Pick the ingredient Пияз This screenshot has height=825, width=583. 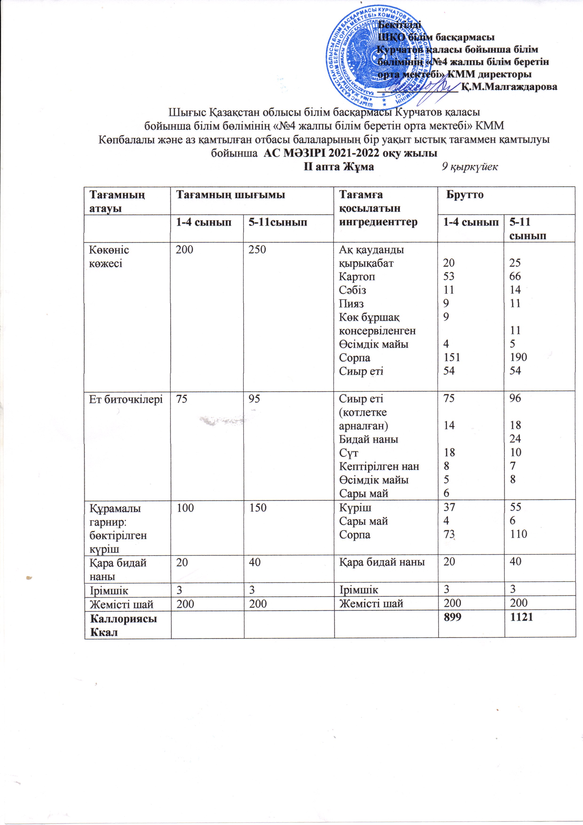(351, 304)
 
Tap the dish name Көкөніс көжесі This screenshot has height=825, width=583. (109, 257)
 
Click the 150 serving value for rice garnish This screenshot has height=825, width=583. (258, 508)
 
